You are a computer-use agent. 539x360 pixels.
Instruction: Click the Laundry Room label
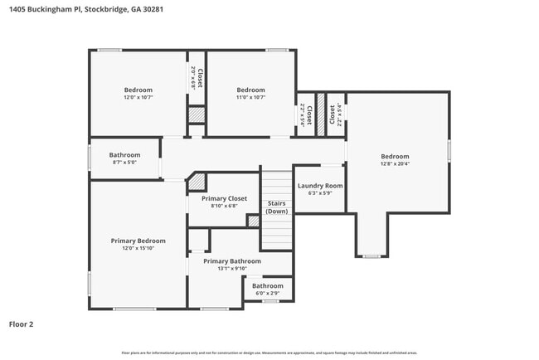(320, 186)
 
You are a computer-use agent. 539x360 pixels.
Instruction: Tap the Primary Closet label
(225, 198)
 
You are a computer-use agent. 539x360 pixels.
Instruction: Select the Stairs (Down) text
(277, 207)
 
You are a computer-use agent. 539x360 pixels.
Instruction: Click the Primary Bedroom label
(138, 241)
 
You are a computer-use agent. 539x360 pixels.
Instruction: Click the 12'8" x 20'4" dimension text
(395, 164)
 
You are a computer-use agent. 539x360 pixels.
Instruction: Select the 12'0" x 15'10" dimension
(138, 248)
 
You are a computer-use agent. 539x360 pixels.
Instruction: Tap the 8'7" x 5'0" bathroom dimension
(125, 163)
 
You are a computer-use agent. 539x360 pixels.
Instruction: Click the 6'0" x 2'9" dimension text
(268, 293)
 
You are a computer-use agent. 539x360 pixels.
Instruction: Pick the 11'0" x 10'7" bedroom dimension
(250, 97)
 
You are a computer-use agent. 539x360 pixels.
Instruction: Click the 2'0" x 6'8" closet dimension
(193, 77)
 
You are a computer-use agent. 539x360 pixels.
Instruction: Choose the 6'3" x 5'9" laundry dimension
(320, 193)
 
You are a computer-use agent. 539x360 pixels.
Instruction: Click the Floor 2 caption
(21, 324)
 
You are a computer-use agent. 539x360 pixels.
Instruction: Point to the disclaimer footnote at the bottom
(269, 353)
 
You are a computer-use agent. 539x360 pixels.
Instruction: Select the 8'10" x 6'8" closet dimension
(225, 206)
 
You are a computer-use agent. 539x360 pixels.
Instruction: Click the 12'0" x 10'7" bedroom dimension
(138, 97)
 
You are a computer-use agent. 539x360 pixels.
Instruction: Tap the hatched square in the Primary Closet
(253, 221)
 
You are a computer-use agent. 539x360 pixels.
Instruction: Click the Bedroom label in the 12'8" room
(395, 156)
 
